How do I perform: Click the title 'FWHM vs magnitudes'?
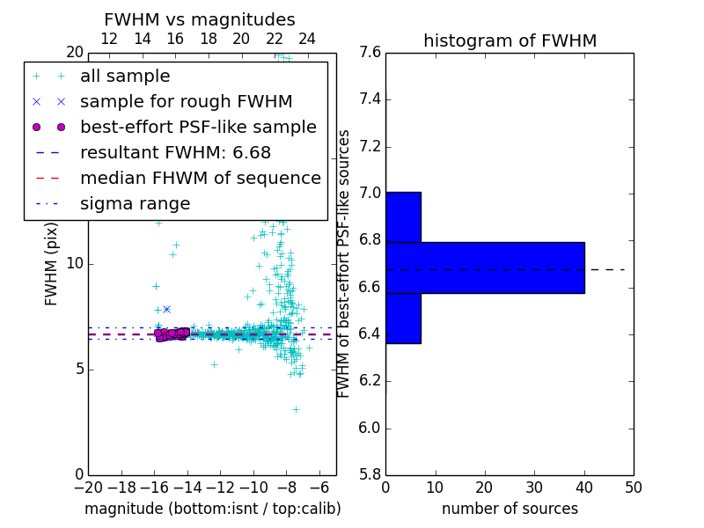pos(199,19)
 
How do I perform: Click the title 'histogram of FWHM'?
pos(510,40)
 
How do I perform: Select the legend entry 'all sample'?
pos(125,77)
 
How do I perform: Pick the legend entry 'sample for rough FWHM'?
pos(186,102)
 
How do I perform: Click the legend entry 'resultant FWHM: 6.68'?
pos(180,153)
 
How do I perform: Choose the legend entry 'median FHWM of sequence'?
pos(200,179)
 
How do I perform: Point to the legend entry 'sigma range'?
pos(135,204)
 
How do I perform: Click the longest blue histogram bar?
pos(485,268)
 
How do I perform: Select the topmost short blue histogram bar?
pos(403,216)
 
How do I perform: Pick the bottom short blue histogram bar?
pos(403,318)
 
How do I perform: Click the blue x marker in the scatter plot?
pos(166,309)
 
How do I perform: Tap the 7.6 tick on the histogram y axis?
pos(370,52)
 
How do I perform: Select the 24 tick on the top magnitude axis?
pos(307,39)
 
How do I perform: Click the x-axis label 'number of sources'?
pos(510,509)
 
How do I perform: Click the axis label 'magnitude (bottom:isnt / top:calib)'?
pos(212,509)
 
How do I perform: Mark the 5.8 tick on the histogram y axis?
pos(370,474)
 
